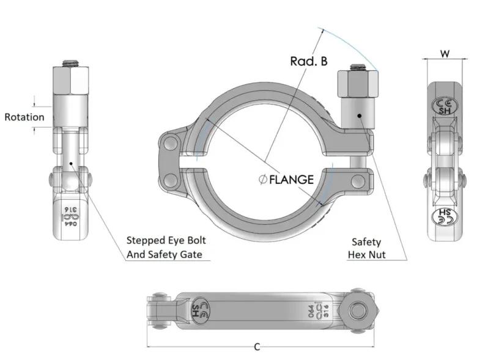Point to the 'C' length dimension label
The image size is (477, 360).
pyautogui.click(x=257, y=347)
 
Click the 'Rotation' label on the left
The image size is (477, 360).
pyautogui.click(x=24, y=117)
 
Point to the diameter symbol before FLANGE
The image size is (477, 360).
pyautogui.click(x=262, y=179)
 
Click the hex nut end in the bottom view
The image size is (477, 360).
pyautogui.click(x=357, y=310)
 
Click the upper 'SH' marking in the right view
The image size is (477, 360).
pyautogui.click(x=444, y=106)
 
